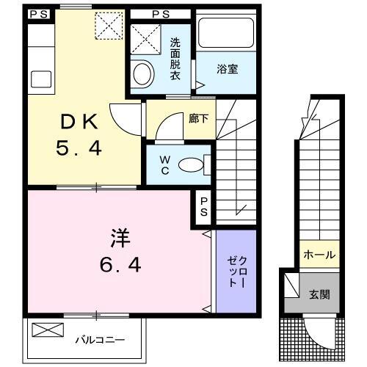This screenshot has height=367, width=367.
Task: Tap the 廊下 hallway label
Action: click(x=198, y=117)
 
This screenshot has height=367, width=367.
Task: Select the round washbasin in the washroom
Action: click(x=142, y=73)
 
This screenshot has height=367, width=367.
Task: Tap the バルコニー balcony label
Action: click(x=100, y=340)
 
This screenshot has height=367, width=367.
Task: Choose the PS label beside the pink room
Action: click(x=203, y=205)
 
